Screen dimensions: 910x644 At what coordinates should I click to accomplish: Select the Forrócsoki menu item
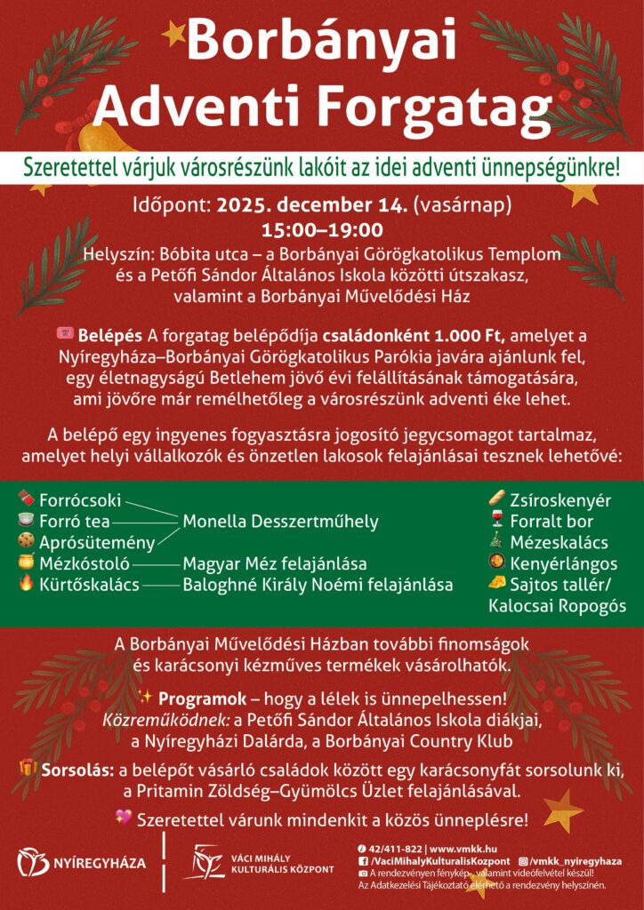click(x=80, y=500)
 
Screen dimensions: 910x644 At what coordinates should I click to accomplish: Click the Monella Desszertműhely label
click(x=280, y=522)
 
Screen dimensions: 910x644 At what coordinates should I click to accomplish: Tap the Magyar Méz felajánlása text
click(x=275, y=563)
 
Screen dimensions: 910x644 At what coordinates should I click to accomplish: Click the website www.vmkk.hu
click(x=466, y=848)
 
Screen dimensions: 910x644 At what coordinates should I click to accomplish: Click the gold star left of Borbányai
click(x=173, y=34)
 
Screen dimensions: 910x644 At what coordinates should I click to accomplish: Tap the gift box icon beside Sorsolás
click(x=28, y=768)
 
